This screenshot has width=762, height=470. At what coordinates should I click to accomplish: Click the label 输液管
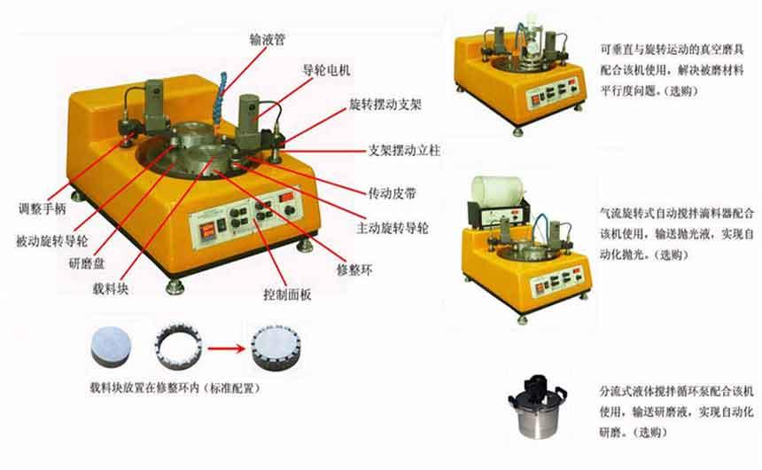(267, 39)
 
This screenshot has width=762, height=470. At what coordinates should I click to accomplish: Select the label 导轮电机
(327, 71)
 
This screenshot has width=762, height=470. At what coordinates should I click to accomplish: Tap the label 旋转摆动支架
(385, 105)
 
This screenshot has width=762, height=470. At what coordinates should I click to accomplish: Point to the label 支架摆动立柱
(404, 151)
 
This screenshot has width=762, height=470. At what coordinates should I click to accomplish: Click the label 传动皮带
(393, 193)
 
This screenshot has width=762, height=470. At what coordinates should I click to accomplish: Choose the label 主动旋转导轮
(393, 228)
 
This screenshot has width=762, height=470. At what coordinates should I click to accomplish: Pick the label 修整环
(354, 270)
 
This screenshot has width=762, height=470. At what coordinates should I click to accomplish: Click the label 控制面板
(287, 294)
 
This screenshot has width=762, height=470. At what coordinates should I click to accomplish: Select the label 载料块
(111, 289)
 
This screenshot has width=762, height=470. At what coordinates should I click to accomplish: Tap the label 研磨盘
(87, 264)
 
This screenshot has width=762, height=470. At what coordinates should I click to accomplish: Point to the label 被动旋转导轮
(52, 241)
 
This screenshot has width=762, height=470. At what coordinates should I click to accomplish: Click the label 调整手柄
(43, 209)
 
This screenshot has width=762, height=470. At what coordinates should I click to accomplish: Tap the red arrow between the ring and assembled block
(226, 348)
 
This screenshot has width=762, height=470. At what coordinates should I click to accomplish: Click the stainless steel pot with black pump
(536, 406)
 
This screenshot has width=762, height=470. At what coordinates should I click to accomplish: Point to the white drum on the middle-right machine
(498, 192)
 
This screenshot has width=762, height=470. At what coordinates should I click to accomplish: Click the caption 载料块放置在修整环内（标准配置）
(175, 388)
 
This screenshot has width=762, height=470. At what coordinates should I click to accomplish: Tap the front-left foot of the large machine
(175, 286)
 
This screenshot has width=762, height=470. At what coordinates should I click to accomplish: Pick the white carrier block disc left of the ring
(112, 346)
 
